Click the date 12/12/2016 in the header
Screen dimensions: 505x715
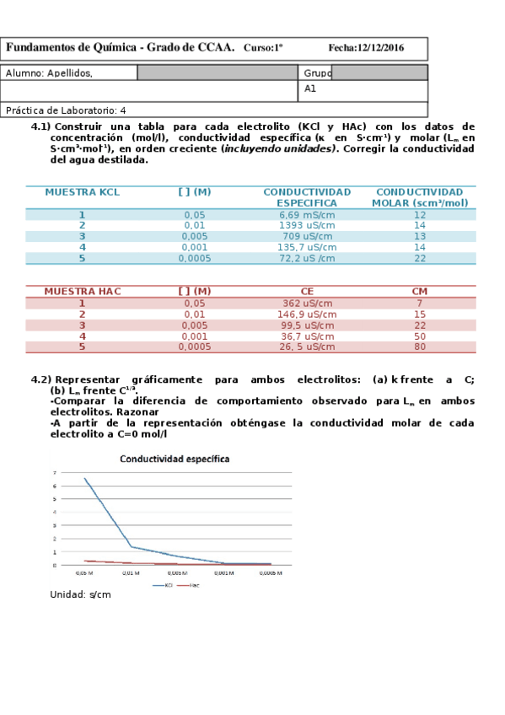click(x=379, y=48)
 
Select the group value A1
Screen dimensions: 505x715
click(x=310, y=89)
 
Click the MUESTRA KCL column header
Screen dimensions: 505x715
click(x=82, y=192)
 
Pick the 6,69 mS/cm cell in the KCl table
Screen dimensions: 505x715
click(x=308, y=215)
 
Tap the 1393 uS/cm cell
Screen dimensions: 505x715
click(x=308, y=226)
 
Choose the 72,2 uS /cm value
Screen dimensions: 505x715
click(x=308, y=259)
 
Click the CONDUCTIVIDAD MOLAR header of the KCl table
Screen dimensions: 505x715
click(x=420, y=197)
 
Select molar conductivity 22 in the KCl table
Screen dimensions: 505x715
click(x=420, y=259)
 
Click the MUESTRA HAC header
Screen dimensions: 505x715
click(x=82, y=292)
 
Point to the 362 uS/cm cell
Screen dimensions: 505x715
click(x=308, y=304)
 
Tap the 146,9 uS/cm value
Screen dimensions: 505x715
click(x=308, y=314)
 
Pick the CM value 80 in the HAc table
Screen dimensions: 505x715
click(x=420, y=347)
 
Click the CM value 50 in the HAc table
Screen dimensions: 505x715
click(x=420, y=336)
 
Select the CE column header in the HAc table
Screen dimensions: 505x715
click(x=308, y=292)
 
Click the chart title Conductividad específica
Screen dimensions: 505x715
click(x=175, y=460)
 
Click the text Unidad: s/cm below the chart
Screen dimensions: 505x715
click(x=81, y=594)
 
